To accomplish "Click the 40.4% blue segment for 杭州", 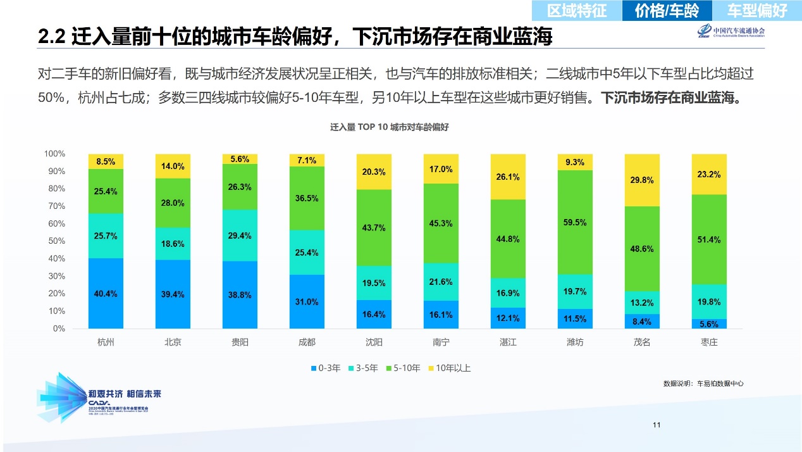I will [x=106, y=293].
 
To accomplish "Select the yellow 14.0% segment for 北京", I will [x=173, y=166].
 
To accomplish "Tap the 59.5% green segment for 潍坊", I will [x=575, y=222].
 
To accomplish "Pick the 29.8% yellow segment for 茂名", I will [x=642, y=180].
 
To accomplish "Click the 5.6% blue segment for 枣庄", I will [x=709, y=323].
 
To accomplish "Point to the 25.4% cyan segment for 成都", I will [x=307, y=252].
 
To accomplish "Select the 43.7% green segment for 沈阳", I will [x=374, y=227].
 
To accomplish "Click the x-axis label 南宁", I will [x=441, y=342].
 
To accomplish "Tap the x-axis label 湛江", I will [x=508, y=342].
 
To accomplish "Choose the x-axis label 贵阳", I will [x=240, y=342].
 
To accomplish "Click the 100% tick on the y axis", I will [x=54, y=154].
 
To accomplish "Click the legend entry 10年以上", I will [x=450, y=368].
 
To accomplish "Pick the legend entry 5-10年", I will [x=403, y=368].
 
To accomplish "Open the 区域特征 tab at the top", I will [x=576, y=10].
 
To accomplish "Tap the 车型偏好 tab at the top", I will [x=756, y=10].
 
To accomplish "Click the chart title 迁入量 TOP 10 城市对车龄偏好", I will [x=389, y=127].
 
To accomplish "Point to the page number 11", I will [x=657, y=425].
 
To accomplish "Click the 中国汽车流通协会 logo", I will [x=731, y=32].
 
